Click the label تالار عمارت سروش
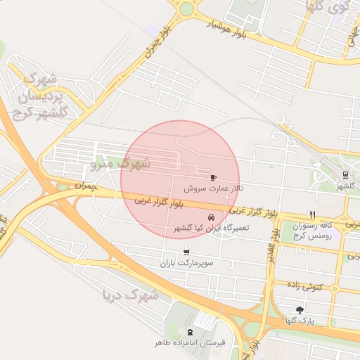point(213,189)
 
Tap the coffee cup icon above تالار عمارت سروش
point(213,177)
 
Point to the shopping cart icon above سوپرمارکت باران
point(186,252)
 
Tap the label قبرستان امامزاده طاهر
point(190,343)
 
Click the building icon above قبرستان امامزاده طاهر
point(189,331)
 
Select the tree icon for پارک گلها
point(300,309)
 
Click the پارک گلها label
point(300,321)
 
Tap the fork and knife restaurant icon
point(312,214)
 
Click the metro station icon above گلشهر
point(345,174)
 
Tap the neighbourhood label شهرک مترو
point(121,163)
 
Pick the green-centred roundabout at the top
point(186,9)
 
